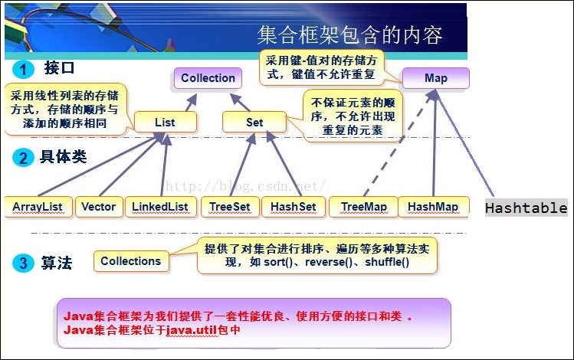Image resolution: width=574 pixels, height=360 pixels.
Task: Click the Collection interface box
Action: click(x=208, y=78)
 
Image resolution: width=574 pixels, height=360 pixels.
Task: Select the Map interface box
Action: click(x=435, y=78)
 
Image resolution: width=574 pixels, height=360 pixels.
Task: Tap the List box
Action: click(x=165, y=122)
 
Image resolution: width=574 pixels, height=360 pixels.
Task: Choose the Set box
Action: click(x=254, y=122)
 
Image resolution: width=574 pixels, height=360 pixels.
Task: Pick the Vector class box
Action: click(x=98, y=207)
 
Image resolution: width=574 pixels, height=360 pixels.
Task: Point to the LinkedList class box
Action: click(x=159, y=207)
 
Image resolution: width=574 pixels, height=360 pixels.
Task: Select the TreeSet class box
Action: click(x=228, y=207)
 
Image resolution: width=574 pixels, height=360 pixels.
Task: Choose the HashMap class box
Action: click(x=432, y=207)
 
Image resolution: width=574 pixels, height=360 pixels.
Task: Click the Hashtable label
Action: click(x=526, y=208)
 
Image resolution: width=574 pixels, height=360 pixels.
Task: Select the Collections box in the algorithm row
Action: click(x=130, y=261)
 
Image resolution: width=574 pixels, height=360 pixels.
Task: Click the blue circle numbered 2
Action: click(x=24, y=159)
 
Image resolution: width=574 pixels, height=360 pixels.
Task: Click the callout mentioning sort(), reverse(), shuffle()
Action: click(x=317, y=256)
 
